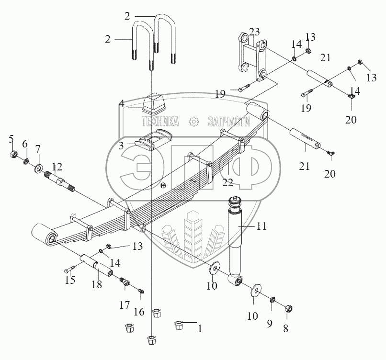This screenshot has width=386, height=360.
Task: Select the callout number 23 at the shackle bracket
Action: (x=254, y=32)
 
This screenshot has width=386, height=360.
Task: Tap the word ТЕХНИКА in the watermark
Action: (x=160, y=122)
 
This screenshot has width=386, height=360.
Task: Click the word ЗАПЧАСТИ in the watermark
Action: (x=230, y=122)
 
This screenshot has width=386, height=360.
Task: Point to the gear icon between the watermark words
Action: (x=194, y=122)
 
